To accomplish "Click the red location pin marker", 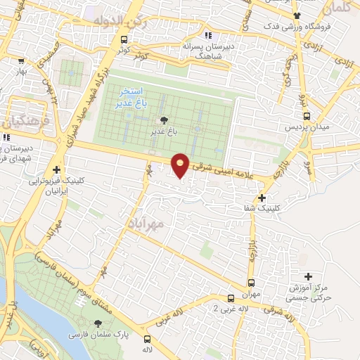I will pyautogui.click(x=181, y=166).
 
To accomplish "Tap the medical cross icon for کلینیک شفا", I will pyautogui.click(x=262, y=198).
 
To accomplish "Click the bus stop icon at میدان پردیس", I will pyautogui.click(x=306, y=117).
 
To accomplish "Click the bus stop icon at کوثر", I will pyautogui.click(x=124, y=40).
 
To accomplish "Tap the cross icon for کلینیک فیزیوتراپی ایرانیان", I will pyautogui.click(x=56, y=169).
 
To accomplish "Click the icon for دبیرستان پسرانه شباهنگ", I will pyautogui.click(x=207, y=34).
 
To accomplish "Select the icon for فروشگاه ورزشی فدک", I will pyautogui.click(x=298, y=15).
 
